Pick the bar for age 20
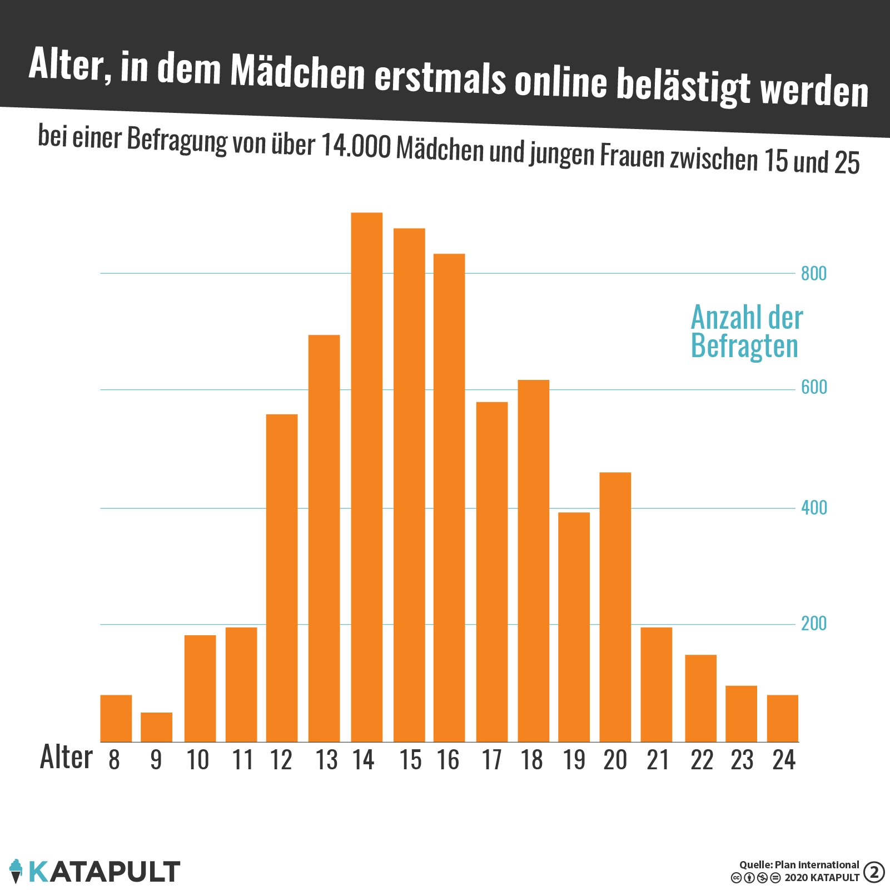coord(615,606)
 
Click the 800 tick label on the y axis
coord(814,274)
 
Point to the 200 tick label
coord(814,624)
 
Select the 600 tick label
coord(814,387)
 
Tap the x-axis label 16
coord(448,760)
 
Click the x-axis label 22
coord(702,760)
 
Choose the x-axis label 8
coord(115,760)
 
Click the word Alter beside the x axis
coord(66,758)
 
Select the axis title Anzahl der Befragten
coord(746,332)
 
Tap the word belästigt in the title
coord(683,87)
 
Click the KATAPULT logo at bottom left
coord(95,871)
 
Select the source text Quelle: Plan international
coord(799,864)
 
